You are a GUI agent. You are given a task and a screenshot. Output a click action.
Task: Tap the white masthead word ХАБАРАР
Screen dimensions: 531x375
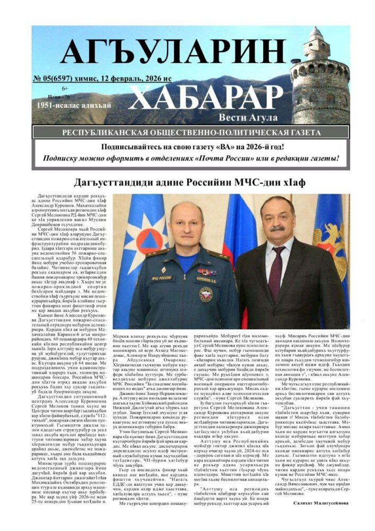205,97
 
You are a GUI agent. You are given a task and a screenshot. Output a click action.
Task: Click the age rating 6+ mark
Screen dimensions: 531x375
65,88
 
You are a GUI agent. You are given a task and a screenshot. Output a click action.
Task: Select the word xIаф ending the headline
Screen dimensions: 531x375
294,182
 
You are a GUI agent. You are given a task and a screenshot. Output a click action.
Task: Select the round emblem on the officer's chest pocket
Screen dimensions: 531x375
206,294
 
